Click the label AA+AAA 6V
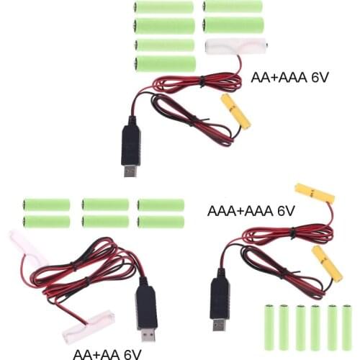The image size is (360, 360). pyautogui.click(x=289, y=77)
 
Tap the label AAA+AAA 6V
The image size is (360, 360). pyautogui.click(x=251, y=211)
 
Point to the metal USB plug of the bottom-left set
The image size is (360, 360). pyautogui.click(x=148, y=335)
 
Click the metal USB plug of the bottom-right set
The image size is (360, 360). pyautogui.click(x=218, y=323)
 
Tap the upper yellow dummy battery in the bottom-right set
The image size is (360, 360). pyautogui.click(x=315, y=194)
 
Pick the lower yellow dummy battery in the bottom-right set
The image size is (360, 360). pyautogui.click(x=327, y=262)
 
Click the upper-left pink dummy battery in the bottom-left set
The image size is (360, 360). pyautogui.click(x=29, y=248)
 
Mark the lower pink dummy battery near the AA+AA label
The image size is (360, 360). pyautogui.click(x=89, y=325)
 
